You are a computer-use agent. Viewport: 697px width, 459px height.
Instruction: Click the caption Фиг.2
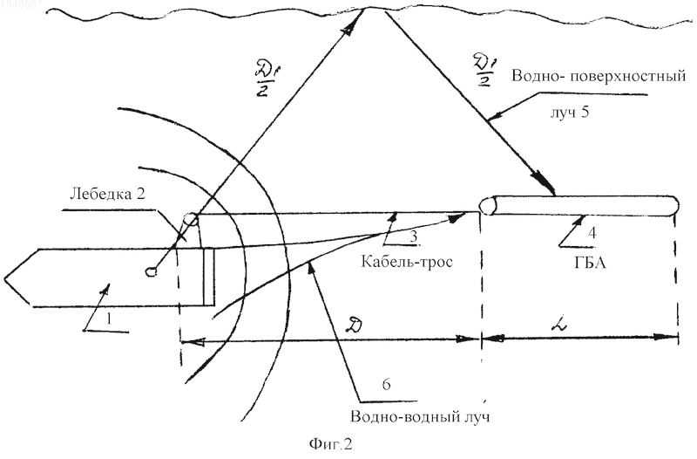330,444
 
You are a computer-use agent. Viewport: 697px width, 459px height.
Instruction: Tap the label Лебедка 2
107,194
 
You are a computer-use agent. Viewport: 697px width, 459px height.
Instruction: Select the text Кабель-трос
407,261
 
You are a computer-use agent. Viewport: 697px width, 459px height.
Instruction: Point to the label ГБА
591,262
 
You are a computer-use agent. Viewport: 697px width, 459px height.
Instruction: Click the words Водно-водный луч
420,417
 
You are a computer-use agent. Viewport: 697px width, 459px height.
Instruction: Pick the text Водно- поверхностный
599,76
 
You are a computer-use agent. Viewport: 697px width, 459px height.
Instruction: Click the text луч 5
570,112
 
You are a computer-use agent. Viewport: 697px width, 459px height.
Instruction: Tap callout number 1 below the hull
110,319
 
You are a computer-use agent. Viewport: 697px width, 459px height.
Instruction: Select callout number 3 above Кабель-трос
413,236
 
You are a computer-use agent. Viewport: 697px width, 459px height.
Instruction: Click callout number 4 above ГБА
592,233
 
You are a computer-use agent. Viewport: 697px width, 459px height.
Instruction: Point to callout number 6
386,384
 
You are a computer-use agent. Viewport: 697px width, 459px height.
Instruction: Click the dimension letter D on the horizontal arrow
356,325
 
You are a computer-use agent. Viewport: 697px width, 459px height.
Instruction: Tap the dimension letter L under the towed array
558,325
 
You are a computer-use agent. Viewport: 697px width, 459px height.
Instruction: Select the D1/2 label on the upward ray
265,80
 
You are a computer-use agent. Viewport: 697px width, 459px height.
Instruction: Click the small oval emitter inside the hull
152,271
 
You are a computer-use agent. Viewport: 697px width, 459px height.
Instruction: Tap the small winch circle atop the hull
191,219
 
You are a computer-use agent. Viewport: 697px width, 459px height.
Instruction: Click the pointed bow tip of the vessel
5,279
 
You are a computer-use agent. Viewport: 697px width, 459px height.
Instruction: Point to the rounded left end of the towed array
488,206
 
